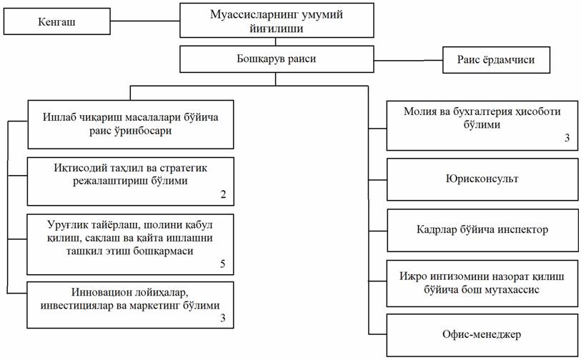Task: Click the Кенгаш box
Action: click(x=58, y=23)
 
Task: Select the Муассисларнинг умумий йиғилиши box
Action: click(x=277, y=20)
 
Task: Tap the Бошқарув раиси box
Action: click(x=277, y=59)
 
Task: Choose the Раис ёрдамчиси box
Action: click(x=497, y=60)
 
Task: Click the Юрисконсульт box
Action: click(x=481, y=179)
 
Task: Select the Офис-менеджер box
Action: click(x=481, y=334)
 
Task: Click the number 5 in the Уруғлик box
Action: click(x=223, y=264)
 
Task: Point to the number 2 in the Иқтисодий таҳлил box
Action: click(x=223, y=194)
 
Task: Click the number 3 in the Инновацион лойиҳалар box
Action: click(x=223, y=318)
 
